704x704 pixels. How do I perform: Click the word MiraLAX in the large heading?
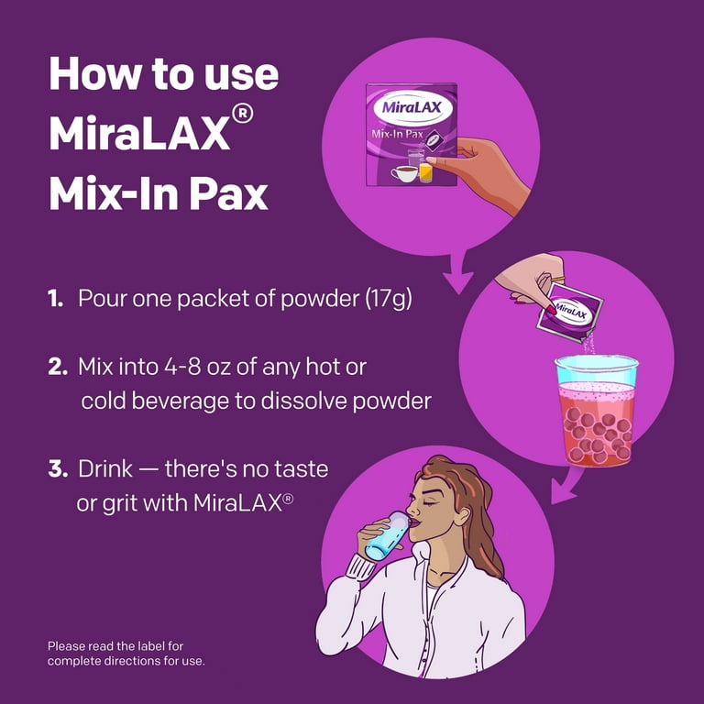click(x=137, y=134)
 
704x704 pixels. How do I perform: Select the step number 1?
click(x=56, y=299)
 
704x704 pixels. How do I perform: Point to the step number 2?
click(x=58, y=369)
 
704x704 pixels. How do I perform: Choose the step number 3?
click(x=58, y=470)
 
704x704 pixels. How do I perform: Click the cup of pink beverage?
click(x=596, y=412)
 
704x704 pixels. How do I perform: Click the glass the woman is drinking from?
click(x=383, y=536)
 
